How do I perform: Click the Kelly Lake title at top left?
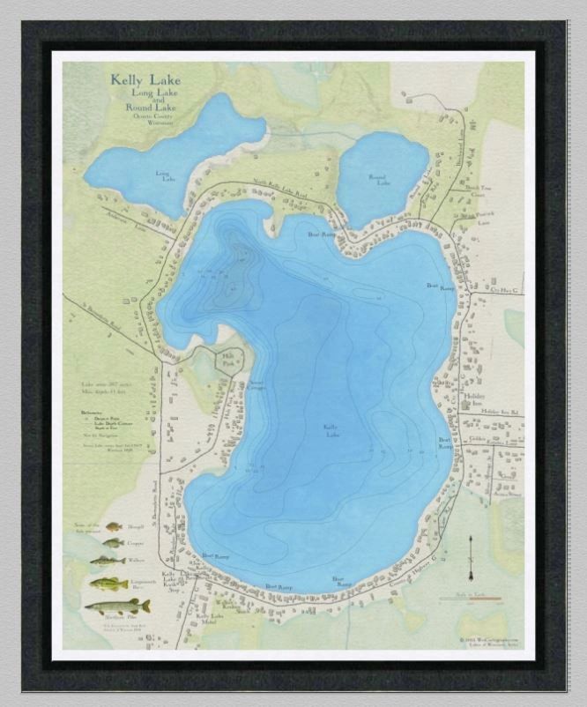(143, 79)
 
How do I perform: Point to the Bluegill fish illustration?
(114, 526)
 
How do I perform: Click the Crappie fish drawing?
(113, 543)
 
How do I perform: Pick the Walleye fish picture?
(108, 561)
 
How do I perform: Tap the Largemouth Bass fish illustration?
(108, 583)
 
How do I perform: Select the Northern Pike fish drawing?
(117, 607)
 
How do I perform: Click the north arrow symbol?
(471, 553)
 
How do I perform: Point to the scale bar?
(472, 599)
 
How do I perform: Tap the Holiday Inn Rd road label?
(501, 412)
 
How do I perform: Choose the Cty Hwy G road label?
(506, 288)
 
